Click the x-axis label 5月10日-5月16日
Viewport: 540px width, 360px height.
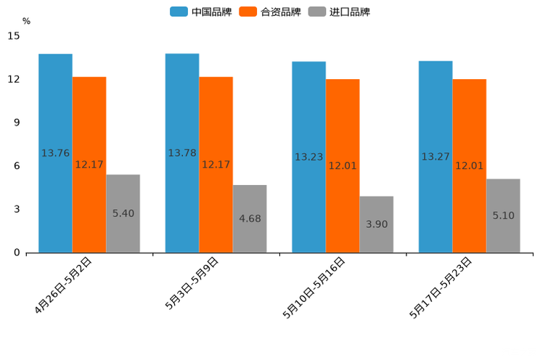(x=314, y=287)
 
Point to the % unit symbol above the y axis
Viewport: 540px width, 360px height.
(x=26, y=21)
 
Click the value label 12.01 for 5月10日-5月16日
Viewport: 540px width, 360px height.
(x=343, y=165)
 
